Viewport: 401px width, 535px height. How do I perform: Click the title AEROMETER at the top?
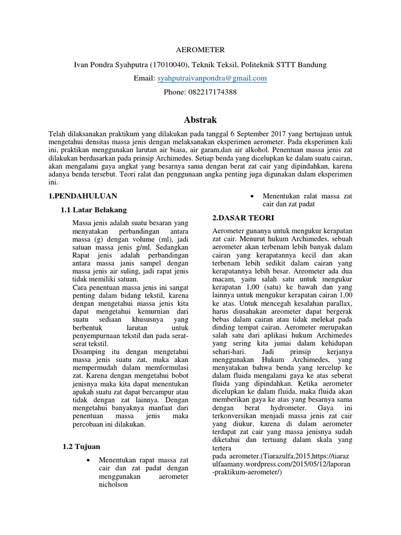200,50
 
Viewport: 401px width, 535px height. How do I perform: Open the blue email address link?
212,78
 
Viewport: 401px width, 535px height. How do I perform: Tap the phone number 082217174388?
200,92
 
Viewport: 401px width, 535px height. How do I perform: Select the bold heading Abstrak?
200,119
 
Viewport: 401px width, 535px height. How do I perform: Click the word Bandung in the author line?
312,64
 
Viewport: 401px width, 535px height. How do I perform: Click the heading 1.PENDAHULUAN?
82,196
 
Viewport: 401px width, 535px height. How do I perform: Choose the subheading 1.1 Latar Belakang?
95,210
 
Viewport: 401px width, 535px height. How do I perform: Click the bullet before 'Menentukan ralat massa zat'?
253,196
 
